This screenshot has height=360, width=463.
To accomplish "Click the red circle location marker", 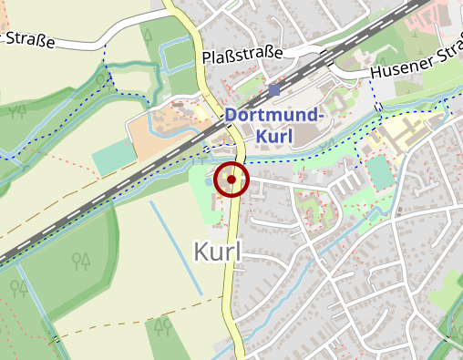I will tap(232, 180).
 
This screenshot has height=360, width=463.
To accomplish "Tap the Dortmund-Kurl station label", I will tap(274, 126).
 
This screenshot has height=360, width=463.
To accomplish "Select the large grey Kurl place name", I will tap(218, 252).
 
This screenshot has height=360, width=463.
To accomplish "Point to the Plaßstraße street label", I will tap(242, 57).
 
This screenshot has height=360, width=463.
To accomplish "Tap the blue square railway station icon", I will tap(274, 91).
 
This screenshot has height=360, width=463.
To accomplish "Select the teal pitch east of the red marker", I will tap(378, 170).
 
